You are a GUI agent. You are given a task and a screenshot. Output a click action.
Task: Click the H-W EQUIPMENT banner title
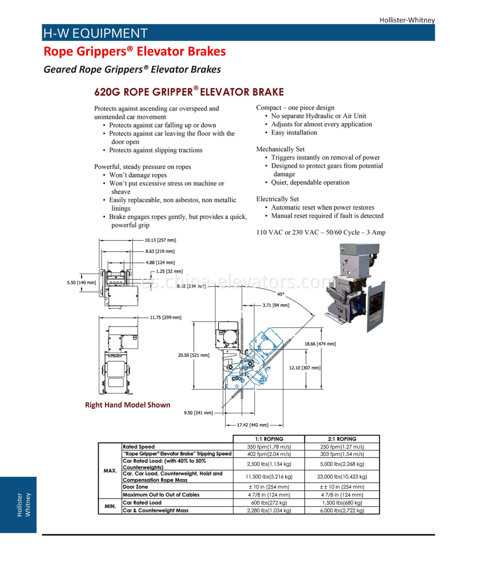point(95,33)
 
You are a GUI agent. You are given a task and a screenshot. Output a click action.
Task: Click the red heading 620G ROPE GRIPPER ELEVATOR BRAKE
point(189,92)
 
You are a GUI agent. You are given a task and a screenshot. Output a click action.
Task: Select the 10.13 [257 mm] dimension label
point(160,240)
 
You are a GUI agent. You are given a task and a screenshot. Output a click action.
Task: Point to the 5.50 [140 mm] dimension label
point(81,282)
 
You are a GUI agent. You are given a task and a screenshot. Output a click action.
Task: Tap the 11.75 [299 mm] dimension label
point(165,317)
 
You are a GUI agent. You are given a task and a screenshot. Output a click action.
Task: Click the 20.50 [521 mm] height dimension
point(194,355)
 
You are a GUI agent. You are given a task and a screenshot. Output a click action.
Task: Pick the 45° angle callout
point(281,294)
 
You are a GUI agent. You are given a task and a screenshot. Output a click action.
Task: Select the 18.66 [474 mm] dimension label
point(320,344)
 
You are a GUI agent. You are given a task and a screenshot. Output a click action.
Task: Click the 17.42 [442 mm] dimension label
point(252,425)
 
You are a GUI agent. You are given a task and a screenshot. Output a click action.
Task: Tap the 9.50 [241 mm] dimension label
point(198,413)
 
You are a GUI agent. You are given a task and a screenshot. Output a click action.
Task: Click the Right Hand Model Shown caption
point(128,405)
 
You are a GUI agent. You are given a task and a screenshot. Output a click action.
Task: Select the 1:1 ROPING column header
point(269,439)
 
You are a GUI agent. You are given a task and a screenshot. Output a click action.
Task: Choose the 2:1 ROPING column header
point(342,439)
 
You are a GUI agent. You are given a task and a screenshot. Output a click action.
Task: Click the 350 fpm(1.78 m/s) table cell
point(269,447)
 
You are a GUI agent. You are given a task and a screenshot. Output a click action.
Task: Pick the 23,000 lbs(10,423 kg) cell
point(342,476)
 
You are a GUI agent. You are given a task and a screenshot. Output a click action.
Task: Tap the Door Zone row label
point(136,487)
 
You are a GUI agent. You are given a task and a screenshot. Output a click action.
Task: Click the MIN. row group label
point(110,506)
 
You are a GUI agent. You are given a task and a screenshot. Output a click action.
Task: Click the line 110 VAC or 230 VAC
point(321,232)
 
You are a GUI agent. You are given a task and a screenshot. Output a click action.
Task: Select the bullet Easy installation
point(294,133)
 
